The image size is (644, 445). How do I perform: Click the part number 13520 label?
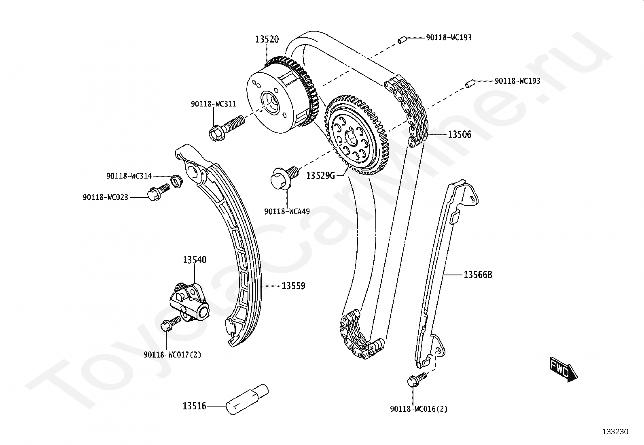point(267,39)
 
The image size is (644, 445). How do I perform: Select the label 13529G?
point(321,175)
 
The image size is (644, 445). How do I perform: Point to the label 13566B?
point(477,275)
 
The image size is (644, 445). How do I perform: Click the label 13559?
point(293,286)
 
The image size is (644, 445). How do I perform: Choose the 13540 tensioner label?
point(195,260)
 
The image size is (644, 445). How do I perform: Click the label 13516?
point(195,406)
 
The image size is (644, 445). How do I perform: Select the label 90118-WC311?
point(214,104)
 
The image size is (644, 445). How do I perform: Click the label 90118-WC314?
point(129,176)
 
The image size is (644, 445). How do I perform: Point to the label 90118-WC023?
point(105,197)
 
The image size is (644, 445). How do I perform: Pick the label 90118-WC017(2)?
point(172,355)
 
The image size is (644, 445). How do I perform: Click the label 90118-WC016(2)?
point(419,409)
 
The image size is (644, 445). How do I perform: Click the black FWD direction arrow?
point(563,369)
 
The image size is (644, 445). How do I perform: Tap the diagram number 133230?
point(615,432)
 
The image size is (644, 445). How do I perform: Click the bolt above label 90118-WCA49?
point(284,177)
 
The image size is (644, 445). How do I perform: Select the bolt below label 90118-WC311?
point(225,126)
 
